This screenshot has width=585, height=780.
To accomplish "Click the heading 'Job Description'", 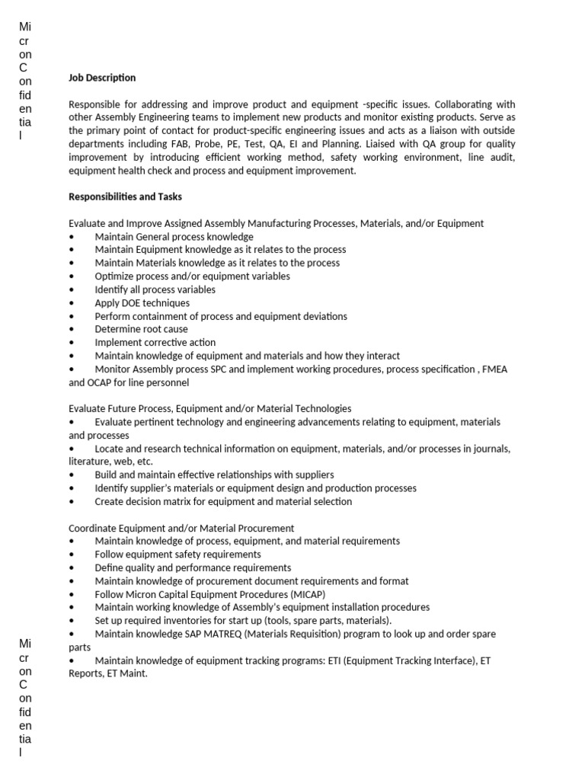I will [102, 78].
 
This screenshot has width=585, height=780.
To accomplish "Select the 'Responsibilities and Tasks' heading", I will [125, 197].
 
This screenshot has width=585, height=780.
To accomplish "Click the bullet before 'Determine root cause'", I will [72, 330].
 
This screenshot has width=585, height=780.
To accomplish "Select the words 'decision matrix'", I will [159, 502].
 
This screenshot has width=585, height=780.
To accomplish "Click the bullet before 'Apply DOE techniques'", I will [72, 303].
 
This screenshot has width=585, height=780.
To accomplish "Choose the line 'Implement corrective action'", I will [155, 343].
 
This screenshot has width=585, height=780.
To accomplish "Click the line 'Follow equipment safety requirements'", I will [177, 555].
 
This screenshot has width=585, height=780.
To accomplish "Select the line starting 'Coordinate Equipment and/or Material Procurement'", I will [181, 528].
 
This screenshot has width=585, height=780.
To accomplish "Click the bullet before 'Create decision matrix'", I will [72, 502].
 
